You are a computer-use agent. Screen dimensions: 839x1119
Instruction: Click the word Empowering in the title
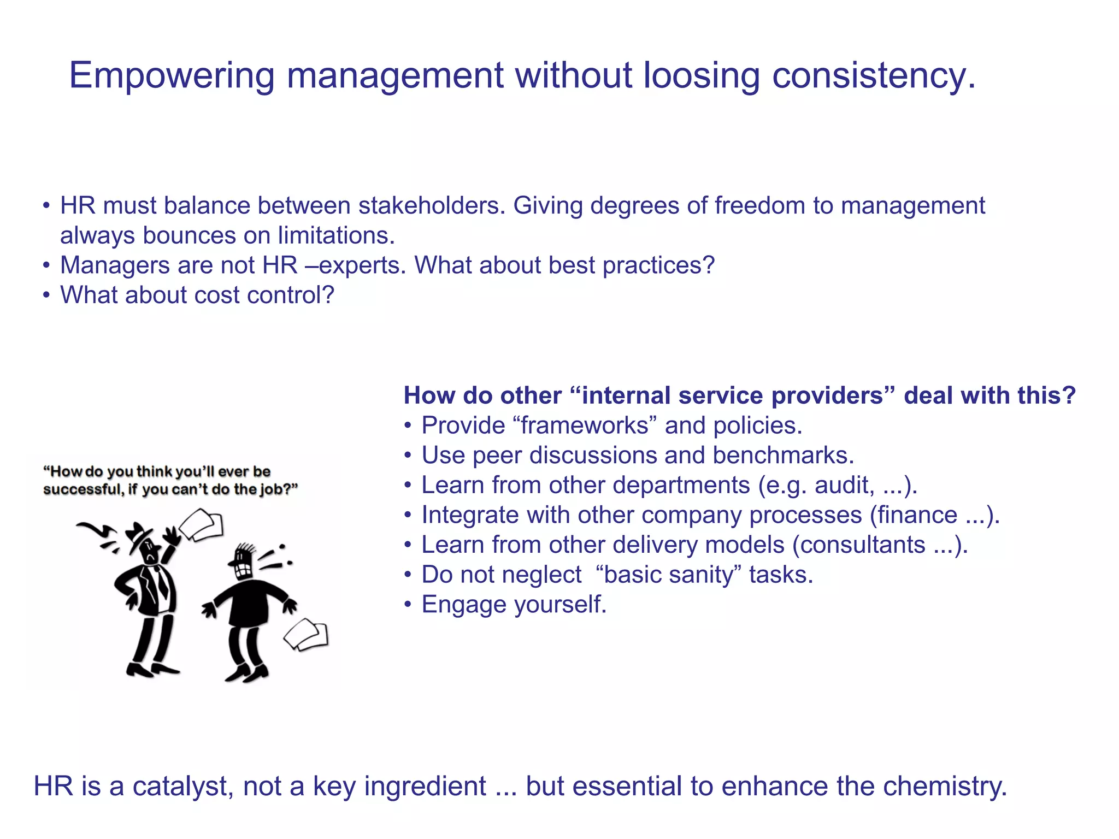(171, 75)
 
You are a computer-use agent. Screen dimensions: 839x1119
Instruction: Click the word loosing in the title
(701, 75)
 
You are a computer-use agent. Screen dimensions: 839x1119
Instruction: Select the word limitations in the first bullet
(335, 236)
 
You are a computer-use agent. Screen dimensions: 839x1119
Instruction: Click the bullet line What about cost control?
(197, 296)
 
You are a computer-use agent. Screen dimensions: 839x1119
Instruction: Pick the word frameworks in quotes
(584, 426)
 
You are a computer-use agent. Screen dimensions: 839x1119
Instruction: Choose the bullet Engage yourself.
(514, 605)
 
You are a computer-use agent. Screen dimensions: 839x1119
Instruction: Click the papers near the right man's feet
(307, 635)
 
